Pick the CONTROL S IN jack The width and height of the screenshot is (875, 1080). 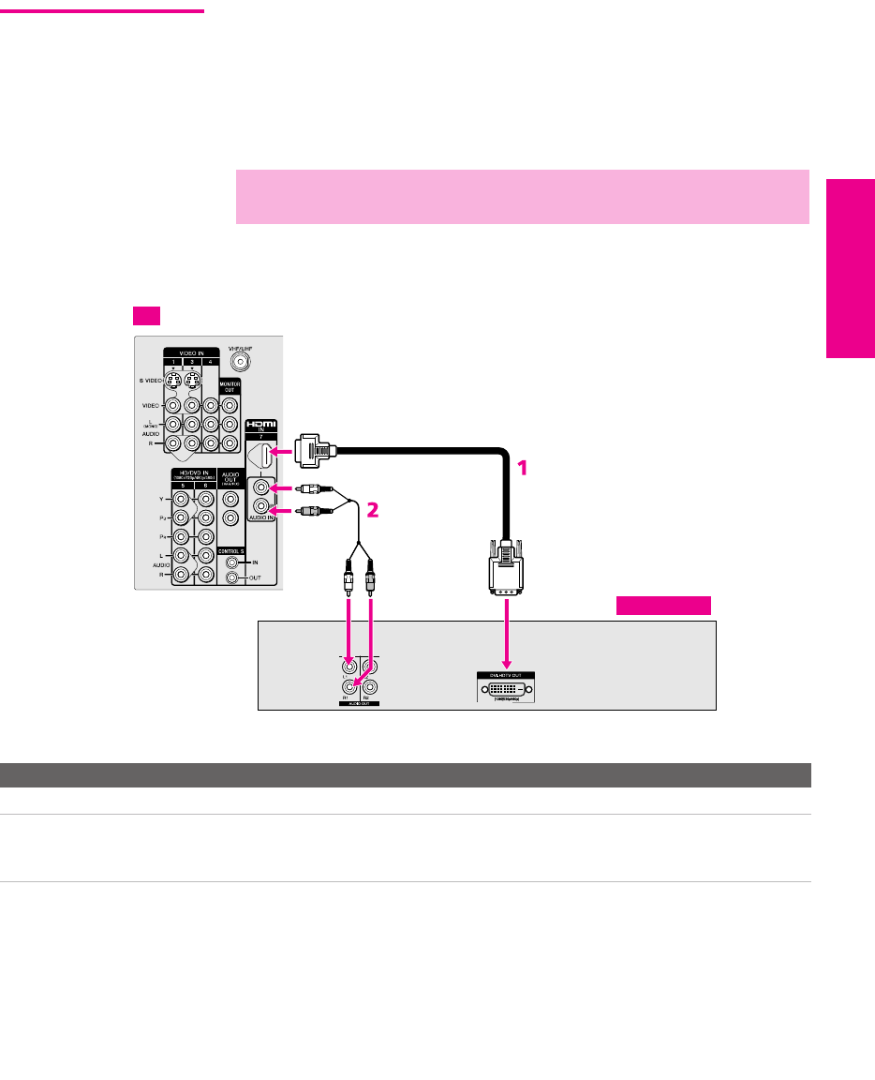pyautogui.click(x=232, y=562)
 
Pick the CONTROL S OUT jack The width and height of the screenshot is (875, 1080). pyautogui.click(x=232, y=577)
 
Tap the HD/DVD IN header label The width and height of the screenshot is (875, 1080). pyautogui.click(x=193, y=474)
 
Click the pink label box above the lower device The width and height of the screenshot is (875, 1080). pyautogui.click(x=663, y=605)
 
